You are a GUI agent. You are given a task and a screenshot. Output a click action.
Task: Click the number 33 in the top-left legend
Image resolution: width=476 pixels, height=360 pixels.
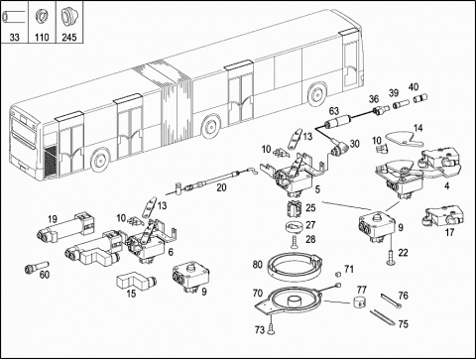tap(14, 37)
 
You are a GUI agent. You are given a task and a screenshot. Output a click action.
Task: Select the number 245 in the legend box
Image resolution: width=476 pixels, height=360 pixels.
tap(69, 37)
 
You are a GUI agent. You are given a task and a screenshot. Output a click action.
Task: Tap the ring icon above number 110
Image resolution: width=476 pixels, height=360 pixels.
tap(42, 16)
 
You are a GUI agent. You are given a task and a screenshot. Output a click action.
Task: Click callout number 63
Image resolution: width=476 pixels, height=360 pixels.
tap(334, 111)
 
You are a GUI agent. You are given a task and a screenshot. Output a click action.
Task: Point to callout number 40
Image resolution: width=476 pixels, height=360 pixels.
tap(414, 87)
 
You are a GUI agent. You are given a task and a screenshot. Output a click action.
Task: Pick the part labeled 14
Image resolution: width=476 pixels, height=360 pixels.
tap(405, 139)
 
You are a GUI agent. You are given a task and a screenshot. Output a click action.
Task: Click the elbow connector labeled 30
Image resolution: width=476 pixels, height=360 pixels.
tap(339, 151)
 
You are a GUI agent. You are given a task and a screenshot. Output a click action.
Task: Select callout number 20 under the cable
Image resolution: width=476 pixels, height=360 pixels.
tap(221, 187)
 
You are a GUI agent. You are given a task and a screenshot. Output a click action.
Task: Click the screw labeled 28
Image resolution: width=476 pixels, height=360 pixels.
tap(294, 242)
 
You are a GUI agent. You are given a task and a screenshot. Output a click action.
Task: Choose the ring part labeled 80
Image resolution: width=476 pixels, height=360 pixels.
tap(296, 265)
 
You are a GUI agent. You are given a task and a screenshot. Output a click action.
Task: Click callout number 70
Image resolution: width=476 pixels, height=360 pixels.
tap(258, 293)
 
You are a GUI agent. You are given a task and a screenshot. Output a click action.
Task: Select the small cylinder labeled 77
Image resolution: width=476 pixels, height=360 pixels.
tap(359, 301)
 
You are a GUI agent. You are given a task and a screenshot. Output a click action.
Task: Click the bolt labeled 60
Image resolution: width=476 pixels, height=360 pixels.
tap(37, 268)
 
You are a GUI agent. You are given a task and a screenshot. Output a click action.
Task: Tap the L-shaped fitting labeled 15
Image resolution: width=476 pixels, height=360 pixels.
tap(136, 281)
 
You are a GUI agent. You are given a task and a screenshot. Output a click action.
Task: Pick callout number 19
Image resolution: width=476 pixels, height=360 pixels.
tap(53, 219)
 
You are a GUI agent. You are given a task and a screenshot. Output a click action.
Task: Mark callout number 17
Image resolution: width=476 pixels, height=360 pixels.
tap(449, 232)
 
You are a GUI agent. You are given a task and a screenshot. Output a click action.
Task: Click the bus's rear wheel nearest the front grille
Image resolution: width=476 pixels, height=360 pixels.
tap(100, 160)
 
